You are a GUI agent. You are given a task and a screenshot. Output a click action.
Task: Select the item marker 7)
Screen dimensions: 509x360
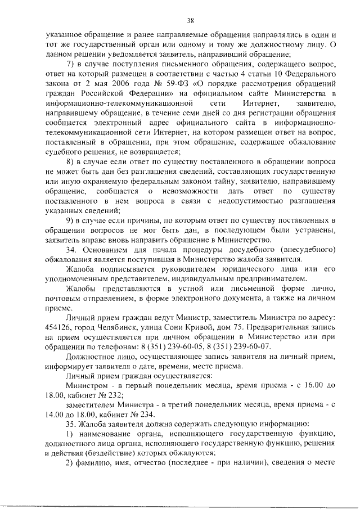[x=70, y=62]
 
